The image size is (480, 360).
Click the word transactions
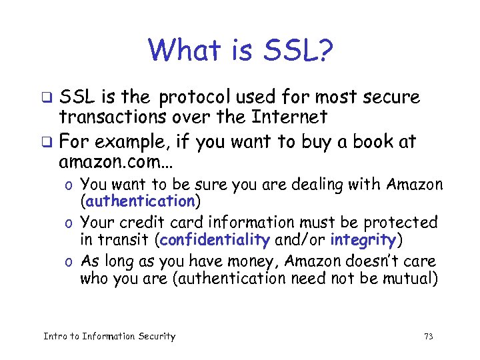117,118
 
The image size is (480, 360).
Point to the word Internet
289,118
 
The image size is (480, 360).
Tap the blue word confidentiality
215,239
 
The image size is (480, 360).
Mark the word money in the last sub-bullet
233,261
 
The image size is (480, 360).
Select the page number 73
428,337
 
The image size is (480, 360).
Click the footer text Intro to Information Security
109,337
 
